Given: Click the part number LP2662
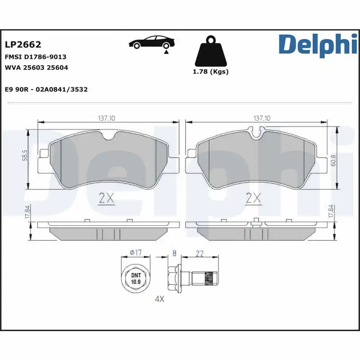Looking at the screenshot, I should (23, 45).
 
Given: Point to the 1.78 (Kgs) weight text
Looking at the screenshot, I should (211, 72).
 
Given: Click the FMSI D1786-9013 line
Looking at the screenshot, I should (36, 57).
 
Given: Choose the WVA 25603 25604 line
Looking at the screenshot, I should (36, 67).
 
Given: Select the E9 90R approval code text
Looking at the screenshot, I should (46, 90).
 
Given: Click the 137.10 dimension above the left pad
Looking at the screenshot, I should (107, 118).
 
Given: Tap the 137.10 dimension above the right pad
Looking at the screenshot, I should (262, 118).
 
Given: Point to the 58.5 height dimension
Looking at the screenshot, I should (25, 156).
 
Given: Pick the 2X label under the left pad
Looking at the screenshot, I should (107, 198).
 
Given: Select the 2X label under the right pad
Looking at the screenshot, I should (254, 198).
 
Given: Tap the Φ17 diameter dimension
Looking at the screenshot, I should (135, 253).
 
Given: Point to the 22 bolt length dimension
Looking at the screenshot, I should (200, 254).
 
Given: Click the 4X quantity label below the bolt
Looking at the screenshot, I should (160, 299).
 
